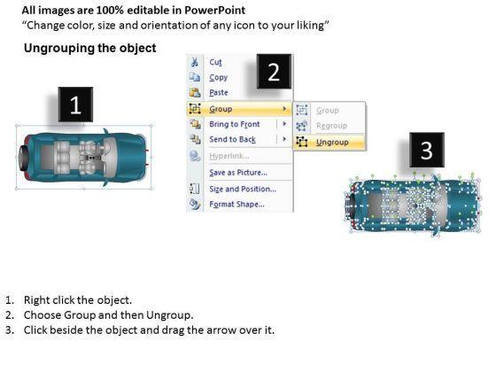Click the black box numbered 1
point(75,105)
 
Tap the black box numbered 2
point(274,72)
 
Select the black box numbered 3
point(427,150)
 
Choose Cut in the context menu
point(215,62)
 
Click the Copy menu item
point(218,78)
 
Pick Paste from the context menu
point(219,93)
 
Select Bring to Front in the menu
point(235,124)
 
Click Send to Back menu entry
point(232,139)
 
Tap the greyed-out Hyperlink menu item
point(229,156)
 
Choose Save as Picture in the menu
point(238,173)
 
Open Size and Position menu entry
point(243,189)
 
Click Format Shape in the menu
point(237,204)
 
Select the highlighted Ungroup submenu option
point(332,143)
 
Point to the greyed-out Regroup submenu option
point(331,126)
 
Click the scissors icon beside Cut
point(195,62)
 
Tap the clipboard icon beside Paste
point(195,92)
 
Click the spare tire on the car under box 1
point(24,157)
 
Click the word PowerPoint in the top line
point(214,10)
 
